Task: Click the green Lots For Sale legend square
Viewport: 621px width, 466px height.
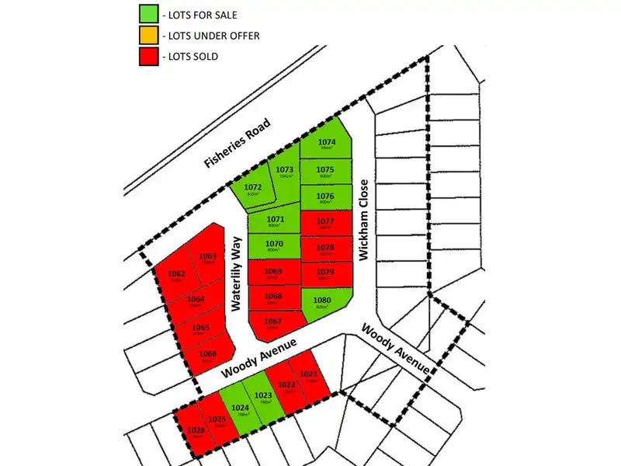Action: pyautogui.click(x=148, y=15)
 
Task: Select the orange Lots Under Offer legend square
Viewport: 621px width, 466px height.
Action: pyautogui.click(x=148, y=35)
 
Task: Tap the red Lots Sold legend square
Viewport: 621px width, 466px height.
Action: pyautogui.click(x=148, y=55)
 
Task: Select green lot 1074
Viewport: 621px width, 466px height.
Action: pyautogui.click(x=326, y=144)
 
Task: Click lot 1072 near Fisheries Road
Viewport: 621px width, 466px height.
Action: pyautogui.click(x=252, y=191)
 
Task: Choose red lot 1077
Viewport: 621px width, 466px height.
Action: pyautogui.click(x=325, y=223)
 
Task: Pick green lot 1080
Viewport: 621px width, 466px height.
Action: pyautogui.click(x=322, y=302)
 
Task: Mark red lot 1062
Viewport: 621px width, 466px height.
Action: pyautogui.click(x=176, y=276)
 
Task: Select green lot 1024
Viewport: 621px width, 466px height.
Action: pyautogui.click(x=240, y=409)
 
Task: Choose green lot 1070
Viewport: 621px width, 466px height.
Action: pyautogui.click(x=273, y=245)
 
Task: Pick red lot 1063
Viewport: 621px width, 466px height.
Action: pyautogui.click(x=207, y=259)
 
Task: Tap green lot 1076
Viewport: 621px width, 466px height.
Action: pyautogui.click(x=325, y=197)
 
